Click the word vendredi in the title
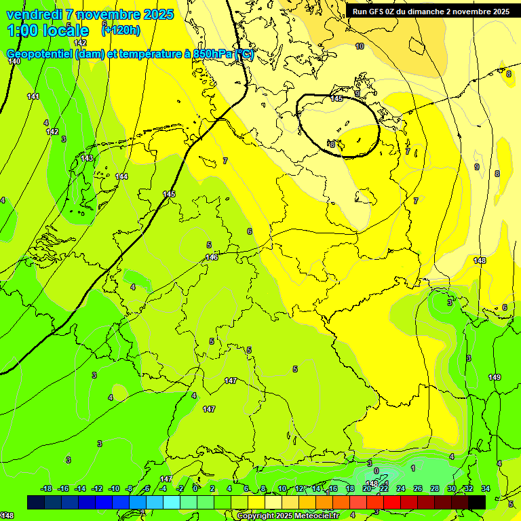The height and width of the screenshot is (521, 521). coord(34,14)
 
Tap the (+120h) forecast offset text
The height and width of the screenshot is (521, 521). coord(121,30)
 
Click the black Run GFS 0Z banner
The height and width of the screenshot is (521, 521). coord(431,12)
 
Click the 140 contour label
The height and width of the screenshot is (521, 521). coord(14,61)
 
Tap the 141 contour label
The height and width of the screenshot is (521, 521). coord(33,96)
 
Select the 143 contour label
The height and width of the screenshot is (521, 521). coord(87,158)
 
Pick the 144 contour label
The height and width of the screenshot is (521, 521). coord(121,176)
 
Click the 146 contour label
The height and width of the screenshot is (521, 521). coord(212,257)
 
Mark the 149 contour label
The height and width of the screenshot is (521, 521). coord(495,377)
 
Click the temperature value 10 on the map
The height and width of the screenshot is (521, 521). coord(360,46)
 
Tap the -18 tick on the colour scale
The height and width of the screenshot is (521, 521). coord(46,488)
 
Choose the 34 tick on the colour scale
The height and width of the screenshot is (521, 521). coord(486,488)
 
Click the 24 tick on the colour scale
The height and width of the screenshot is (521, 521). coord(401,488)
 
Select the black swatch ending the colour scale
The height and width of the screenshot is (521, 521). coord(477,502)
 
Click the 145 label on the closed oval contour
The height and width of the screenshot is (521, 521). coord(336,99)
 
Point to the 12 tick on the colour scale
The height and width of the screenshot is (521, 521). coord(299,488)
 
